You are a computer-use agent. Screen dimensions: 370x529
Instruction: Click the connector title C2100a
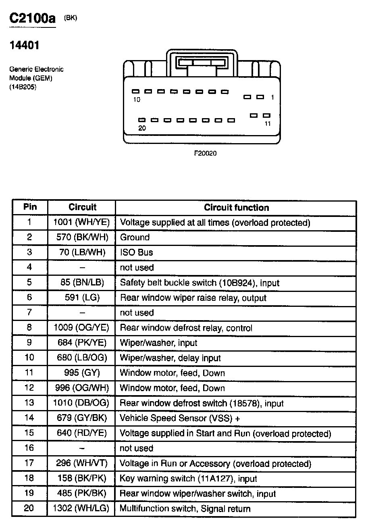point(32,19)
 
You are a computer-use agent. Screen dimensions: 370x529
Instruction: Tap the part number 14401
point(24,45)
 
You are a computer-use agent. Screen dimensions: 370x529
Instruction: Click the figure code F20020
point(205,154)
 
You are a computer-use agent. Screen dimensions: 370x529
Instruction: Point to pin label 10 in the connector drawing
point(137,100)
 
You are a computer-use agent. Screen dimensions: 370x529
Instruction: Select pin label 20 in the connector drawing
point(142,128)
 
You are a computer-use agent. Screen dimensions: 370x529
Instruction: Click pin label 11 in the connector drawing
point(268,124)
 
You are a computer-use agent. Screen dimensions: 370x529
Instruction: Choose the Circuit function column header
point(236,208)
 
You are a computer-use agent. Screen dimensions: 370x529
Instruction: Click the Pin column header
point(30,207)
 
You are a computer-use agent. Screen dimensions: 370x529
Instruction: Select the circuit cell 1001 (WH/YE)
point(82,222)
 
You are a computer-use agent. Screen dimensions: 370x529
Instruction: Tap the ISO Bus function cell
point(137,252)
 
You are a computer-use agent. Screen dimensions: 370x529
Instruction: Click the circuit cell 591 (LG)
point(82,297)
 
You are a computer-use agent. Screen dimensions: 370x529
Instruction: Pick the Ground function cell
point(135,237)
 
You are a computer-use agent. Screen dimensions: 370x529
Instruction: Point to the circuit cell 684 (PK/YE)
point(82,342)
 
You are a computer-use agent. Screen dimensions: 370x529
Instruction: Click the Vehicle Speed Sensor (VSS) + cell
point(180,418)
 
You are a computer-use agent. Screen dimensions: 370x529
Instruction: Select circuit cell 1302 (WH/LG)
point(81,508)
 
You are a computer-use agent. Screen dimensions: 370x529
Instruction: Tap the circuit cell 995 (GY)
point(82,373)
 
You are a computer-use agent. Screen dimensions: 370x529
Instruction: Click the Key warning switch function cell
point(188,479)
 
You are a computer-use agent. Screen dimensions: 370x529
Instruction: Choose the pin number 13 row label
point(29,403)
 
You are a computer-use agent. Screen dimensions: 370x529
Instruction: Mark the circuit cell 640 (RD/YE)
point(82,433)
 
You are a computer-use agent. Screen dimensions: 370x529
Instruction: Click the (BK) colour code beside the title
point(71,18)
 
